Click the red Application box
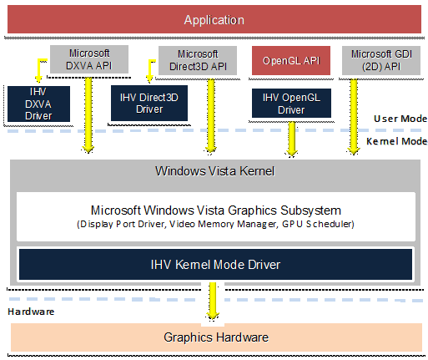(214, 19)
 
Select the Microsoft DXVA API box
(89, 59)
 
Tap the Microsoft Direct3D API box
(198, 60)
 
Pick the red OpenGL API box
(291, 60)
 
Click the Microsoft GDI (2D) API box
(381, 60)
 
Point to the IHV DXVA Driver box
(38, 104)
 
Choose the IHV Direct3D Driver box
(149, 103)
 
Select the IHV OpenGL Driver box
(291, 103)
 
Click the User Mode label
(400, 119)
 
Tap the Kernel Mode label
(397, 141)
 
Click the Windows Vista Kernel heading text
(214, 171)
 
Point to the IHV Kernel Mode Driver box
(215, 264)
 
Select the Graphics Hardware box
(216, 337)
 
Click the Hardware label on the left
(31, 312)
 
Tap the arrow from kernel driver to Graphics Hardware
(213, 301)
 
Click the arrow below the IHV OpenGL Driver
(292, 139)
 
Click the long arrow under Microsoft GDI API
(354, 116)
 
